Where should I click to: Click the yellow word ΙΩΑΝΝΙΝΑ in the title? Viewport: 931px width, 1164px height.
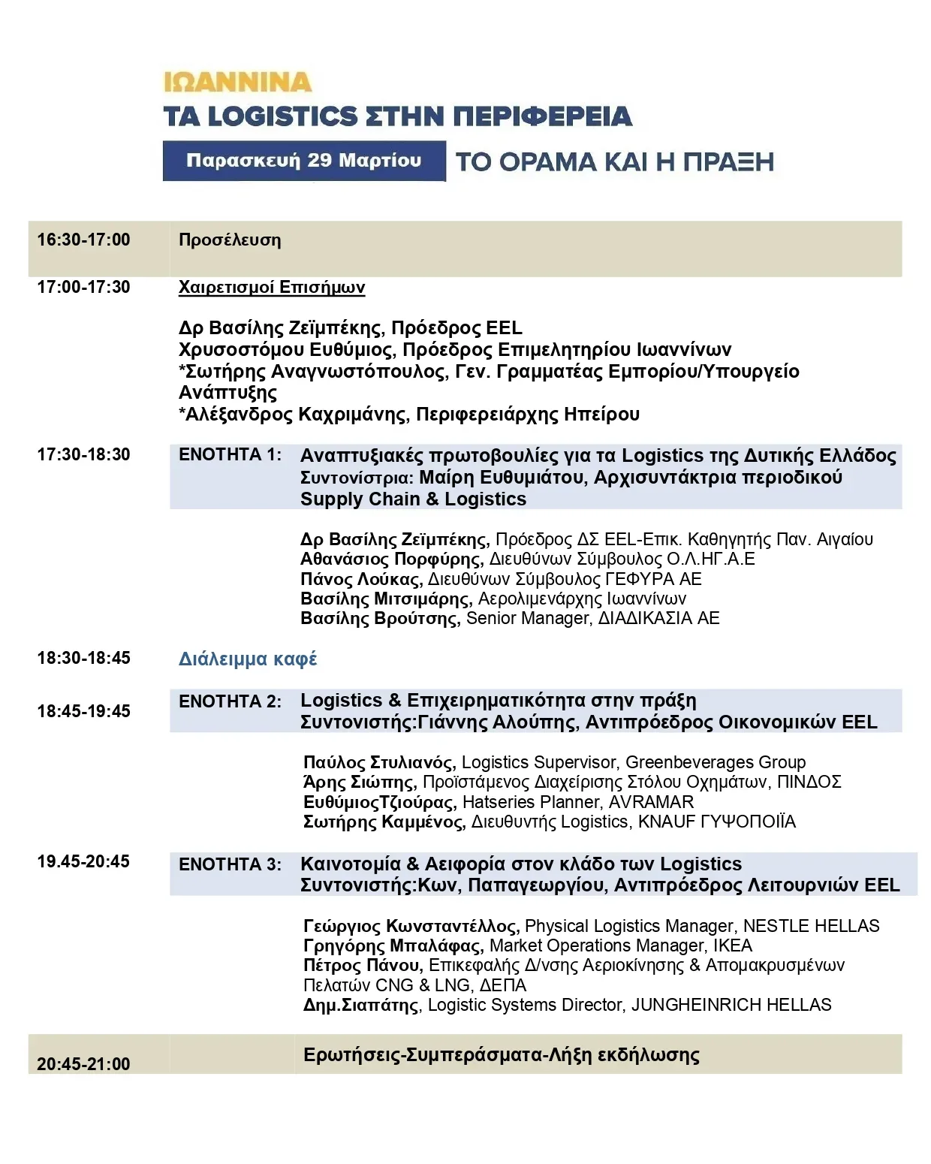tap(237, 81)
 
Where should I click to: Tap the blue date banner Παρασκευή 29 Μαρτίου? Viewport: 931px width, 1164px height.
tap(303, 161)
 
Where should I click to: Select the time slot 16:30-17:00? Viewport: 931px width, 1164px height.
tap(83, 240)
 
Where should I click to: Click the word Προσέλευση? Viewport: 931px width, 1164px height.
tap(230, 240)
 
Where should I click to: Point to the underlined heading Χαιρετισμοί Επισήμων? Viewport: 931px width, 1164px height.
tap(272, 288)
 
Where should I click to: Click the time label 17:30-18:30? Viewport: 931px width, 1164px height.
tap(83, 454)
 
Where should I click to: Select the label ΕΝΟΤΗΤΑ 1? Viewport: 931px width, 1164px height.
tap(230, 455)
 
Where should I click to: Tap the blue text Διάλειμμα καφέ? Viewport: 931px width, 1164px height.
tap(248, 659)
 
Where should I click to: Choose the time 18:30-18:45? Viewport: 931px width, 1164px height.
tap(83, 658)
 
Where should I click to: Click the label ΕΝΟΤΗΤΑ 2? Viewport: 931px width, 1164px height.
tap(230, 701)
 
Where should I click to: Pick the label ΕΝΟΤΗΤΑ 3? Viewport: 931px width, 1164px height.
tap(230, 864)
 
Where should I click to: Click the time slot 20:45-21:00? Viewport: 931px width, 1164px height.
tap(83, 1064)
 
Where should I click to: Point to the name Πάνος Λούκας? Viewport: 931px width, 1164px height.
tap(361, 579)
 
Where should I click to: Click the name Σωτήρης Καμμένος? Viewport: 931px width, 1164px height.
tap(384, 822)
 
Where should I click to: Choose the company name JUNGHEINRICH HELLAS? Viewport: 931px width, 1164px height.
tap(731, 1005)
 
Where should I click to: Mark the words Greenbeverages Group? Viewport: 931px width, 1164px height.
tap(715, 762)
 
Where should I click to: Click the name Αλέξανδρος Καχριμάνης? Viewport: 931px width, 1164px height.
tap(297, 415)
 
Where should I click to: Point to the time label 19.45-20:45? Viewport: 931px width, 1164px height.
tap(83, 861)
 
